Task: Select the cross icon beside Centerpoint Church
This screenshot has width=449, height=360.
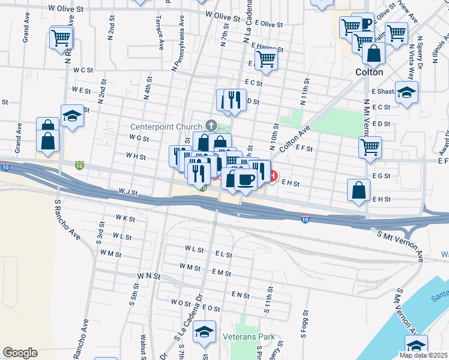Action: [210, 125]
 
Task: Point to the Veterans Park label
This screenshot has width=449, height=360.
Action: [248, 337]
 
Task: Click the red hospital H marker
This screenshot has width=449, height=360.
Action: [273, 176]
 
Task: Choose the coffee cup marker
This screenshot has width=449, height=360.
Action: [246, 179]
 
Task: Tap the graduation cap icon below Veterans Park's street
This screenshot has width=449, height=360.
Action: [205, 332]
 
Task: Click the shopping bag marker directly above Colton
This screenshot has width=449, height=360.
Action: [373, 53]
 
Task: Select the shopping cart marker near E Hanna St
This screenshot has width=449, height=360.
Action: [265, 59]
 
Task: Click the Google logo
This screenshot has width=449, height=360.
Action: [20, 352]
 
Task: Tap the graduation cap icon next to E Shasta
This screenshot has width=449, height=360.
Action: [407, 92]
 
